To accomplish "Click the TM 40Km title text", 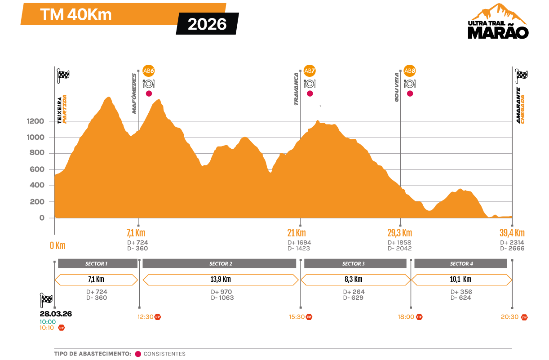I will point(76,15).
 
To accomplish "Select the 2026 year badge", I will point(207,24).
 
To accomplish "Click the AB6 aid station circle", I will point(149,71).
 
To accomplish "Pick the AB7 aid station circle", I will point(310,71).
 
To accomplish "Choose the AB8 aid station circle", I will point(409,71).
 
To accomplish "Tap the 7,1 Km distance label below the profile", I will point(136,233).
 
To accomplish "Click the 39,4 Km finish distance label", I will point(512,233).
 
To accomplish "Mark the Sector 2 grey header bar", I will point(221,264).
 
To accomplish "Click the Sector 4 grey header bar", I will point(461,264).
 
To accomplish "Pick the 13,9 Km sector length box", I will point(221,280).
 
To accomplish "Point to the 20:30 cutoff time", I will point(509,317).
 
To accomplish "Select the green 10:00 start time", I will point(48,321).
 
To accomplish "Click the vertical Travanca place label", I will point(296,89).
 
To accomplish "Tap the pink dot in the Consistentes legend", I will point(138,354).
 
